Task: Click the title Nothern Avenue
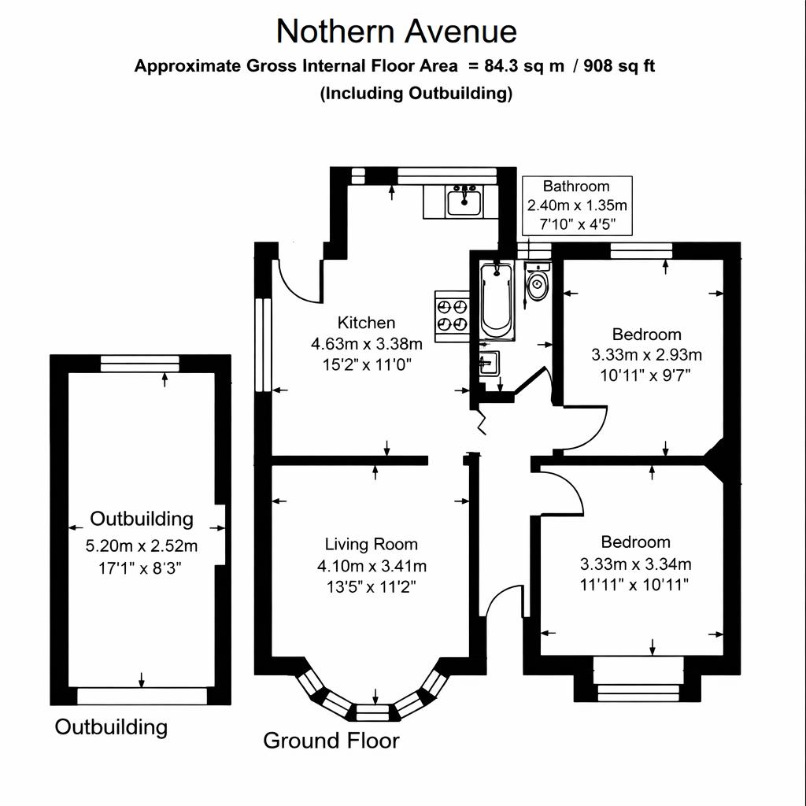pyautogui.click(x=397, y=31)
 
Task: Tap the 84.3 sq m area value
pyautogui.click(x=524, y=66)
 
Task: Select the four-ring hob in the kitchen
pyautogui.click(x=453, y=313)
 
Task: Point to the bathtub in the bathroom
pyautogui.click(x=497, y=300)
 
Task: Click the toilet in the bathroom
pyautogui.click(x=538, y=285)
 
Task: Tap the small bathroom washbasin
pyautogui.click(x=488, y=364)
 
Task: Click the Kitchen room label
pyautogui.click(x=366, y=323)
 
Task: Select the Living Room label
pyautogui.click(x=372, y=544)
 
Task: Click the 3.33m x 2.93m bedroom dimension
pyautogui.click(x=646, y=355)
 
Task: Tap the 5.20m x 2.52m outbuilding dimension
pyautogui.click(x=142, y=546)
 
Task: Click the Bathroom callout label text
pyautogui.click(x=576, y=187)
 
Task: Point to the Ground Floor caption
pyautogui.click(x=331, y=741)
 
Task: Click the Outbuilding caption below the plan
pyautogui.click(x=111, y=727)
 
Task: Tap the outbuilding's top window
pyautogui.click(x=141, y=363)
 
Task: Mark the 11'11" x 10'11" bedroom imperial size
pyautogui.click(x=635, y=585)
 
